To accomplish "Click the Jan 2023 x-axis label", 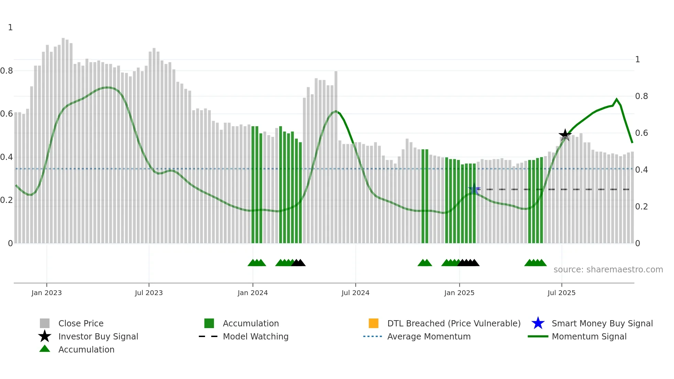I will [x=46, y=293].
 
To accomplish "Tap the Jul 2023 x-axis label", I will [x=149, y=293].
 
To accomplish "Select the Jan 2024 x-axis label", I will [x=252, y=293].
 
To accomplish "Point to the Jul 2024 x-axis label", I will [x=355, y=293].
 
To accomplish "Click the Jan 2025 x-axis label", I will [x=459, y=293].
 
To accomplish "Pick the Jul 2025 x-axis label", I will [x=561, y=293].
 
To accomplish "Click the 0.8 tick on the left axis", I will [x=7, y=71].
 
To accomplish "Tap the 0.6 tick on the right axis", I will [x=641, y=133].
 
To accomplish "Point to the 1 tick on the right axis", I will [x=638, y=59].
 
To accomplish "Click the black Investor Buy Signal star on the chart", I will [x=565, y=135].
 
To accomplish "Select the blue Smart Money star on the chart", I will [x=474, y=189].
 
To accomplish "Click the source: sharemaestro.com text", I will [x=608, y=270].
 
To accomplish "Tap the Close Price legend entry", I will [x=81, y=323].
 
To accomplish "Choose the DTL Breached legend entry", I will [x=454, y=323].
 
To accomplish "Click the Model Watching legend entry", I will [x=256, y=336].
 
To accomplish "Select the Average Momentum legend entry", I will [x=428, y=336].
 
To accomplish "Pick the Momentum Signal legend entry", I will [x=589, y=336].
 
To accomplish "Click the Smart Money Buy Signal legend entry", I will [x=602, y=323].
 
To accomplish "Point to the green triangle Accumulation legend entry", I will [x=86, y=349].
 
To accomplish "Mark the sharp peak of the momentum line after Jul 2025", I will [x=617, y=99].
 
